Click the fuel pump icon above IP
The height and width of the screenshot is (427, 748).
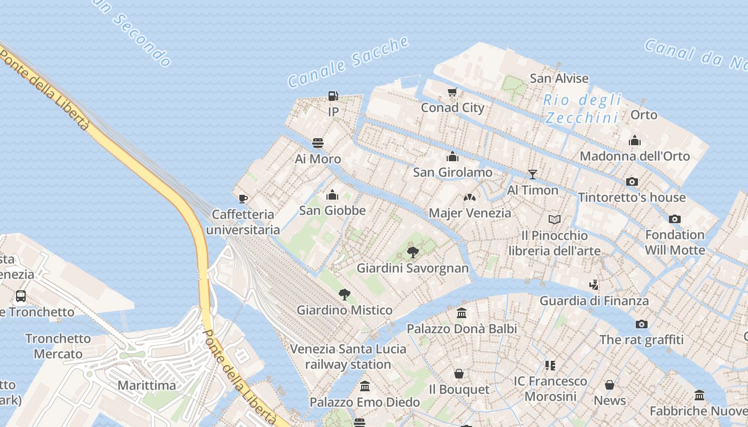333,96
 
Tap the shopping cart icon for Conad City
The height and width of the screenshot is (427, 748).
453,92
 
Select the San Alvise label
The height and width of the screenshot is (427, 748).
559,78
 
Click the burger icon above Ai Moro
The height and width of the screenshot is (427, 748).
318,143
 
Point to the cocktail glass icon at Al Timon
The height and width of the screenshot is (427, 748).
532,174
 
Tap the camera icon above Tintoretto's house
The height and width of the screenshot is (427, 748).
632,181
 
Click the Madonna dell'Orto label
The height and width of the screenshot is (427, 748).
635,156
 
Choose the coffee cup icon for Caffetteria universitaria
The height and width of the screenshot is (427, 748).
243,199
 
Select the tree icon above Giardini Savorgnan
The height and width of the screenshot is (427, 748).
412,252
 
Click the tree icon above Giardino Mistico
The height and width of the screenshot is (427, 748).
345,294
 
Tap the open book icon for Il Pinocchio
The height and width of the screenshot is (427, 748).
555,219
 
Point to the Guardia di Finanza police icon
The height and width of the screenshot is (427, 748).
594,284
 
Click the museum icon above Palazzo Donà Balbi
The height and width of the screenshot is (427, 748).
462,313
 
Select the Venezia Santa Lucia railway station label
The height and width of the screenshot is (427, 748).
348,357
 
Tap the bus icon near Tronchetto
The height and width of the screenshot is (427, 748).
21,296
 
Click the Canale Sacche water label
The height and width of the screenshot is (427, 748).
348,62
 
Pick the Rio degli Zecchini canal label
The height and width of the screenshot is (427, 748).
582,108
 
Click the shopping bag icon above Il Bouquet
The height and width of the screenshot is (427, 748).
459,374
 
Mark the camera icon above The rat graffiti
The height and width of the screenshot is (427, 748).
641,324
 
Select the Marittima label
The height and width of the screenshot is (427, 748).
146,385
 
